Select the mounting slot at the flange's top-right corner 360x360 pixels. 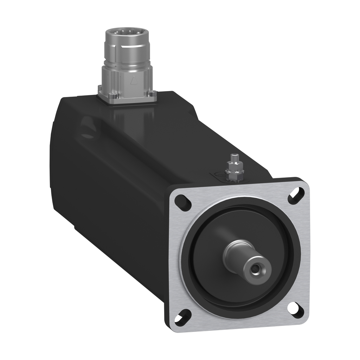coord(296,195)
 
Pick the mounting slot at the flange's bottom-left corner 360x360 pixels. coord(184,318)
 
